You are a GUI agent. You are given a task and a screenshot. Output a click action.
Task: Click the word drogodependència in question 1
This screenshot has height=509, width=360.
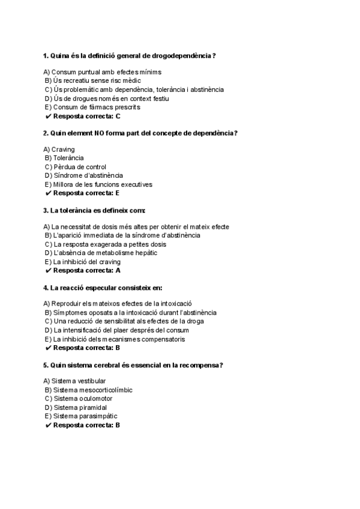pyautogui.click(x=184, y=56)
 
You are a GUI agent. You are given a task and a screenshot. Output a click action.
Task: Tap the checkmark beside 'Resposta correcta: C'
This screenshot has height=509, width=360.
pyautogui.click(x=48, y=116)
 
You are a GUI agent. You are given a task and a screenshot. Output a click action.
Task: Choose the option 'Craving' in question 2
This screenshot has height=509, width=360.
pyautogui.click(x=63, y=149)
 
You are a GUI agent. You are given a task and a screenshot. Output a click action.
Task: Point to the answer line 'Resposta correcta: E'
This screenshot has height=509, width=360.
pyautogui.click(x=86, y=193)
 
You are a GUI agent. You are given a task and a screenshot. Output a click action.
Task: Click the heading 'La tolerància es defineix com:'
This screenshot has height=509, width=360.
pyautogui.click(x=94, y=210)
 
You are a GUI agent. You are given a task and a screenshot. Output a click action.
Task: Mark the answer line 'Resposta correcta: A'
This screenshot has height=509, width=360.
pyautogui.click(x=86, y=271)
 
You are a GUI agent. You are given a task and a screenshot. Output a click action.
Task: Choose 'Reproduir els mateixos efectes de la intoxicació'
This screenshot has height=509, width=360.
pyautogui.click(x=122, y=304)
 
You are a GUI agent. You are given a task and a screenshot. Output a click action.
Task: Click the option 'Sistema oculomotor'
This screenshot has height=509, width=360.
pyautogui.click(x=83, y=399)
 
